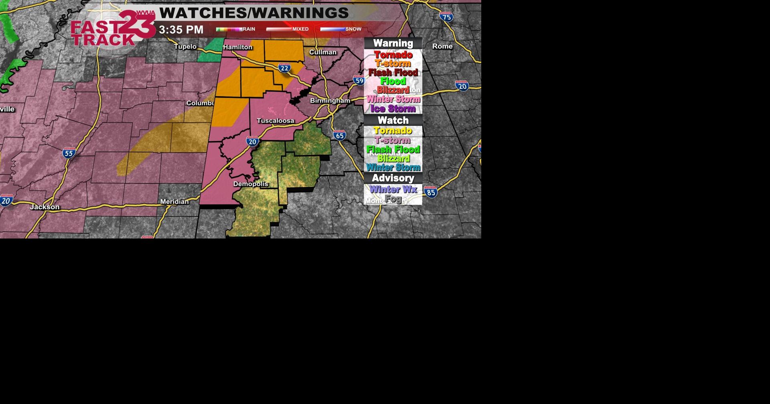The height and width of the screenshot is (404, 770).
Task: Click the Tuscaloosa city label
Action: pos(276,121)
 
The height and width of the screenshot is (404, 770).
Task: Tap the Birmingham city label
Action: pos(330,101)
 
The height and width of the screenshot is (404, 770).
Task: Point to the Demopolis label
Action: pos(251,184)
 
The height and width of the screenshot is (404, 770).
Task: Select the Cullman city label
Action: pos(323,53)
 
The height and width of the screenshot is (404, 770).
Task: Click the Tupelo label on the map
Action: pos(185,46)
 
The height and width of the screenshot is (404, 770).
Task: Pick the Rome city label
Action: pos(442,46)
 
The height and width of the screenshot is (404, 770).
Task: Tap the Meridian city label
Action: pos(174,202)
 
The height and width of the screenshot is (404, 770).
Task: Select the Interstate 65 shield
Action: pos(340,135)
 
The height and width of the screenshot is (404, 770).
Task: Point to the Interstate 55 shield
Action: pos(69,153)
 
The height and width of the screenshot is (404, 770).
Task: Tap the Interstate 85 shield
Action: pos(431,192)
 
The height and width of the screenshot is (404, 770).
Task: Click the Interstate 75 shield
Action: pos(446,16)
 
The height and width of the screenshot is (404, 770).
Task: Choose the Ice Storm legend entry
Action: pos(393,109)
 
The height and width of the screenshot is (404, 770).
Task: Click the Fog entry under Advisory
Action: pos(393,199)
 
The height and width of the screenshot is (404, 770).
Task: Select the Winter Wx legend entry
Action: pos(393,190)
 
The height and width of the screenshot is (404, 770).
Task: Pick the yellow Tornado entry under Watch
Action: pos(393,131)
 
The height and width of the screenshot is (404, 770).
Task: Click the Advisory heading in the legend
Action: pos(393,178)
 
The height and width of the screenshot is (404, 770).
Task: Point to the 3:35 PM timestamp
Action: pos(181,30)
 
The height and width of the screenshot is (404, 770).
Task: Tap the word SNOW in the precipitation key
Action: pos(353,29)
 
